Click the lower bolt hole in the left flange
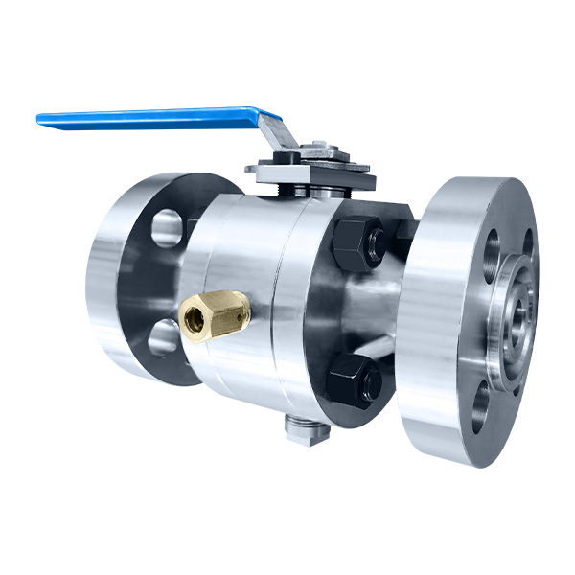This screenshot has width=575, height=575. click(163, 336)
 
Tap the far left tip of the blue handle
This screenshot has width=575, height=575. click(40, 120)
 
